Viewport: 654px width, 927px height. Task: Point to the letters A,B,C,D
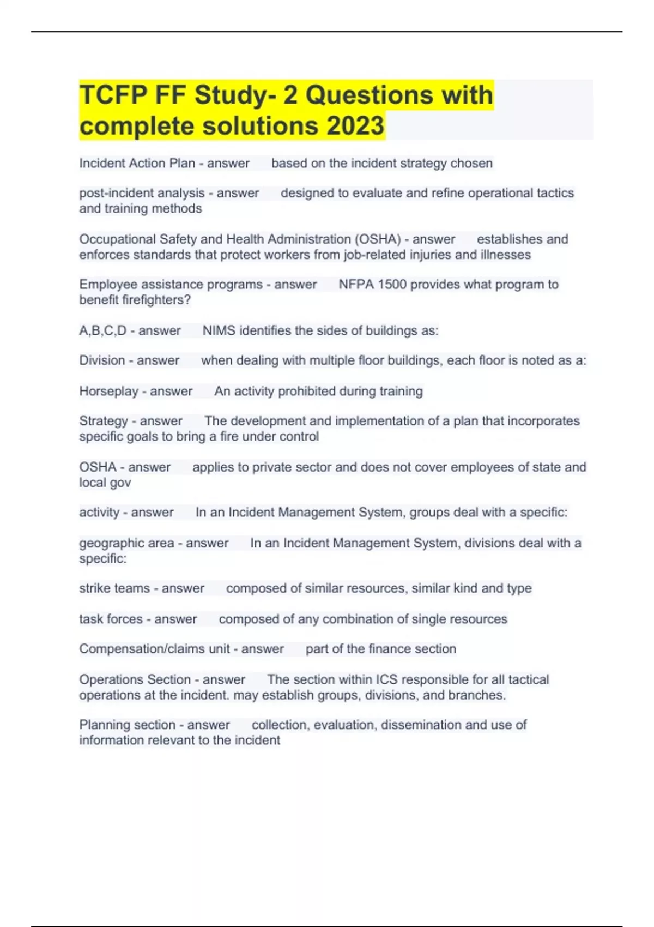pos(102,331)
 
